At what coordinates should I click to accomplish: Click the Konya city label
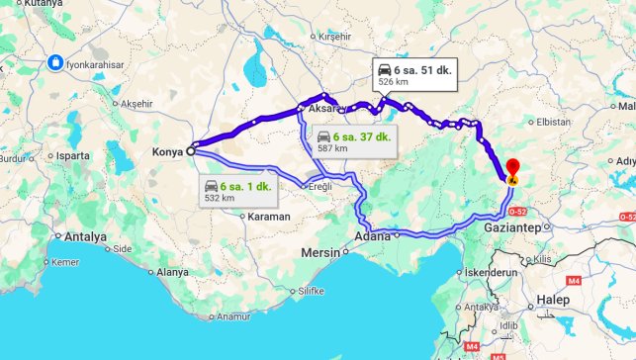click(168, 152)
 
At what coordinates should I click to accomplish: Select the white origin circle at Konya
click(190, 152)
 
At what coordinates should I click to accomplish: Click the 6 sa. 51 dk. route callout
click(414, 75)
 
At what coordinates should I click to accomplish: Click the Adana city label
click(372, 236)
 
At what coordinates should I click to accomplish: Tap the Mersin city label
click(320, 253)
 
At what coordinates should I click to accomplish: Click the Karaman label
click(269, 216)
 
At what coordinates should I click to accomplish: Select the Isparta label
click(72, 156)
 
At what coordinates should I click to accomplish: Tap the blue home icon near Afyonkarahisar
click(56, 62)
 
